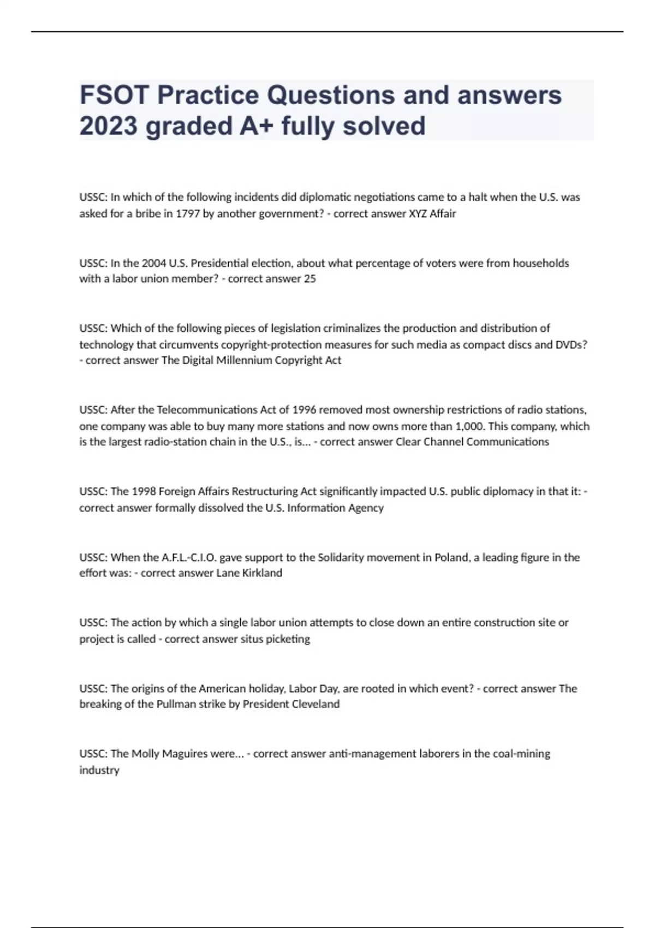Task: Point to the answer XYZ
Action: (x=418, y=213)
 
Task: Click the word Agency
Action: (x=366, y=508)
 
